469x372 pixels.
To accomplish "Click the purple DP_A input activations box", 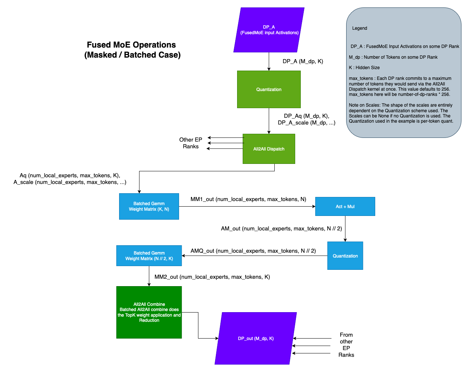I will tap(269, 30).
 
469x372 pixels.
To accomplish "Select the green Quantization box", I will tap(269, 90).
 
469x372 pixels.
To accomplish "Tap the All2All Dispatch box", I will tap(269, 149).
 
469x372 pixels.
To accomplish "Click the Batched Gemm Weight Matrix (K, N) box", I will tap(149, 206).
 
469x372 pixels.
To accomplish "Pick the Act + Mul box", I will tap(345, 207).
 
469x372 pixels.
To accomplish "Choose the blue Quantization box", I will tap(345, 256).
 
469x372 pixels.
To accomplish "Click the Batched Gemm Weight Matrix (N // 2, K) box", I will tap(149, 256).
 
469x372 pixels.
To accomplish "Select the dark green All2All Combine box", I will tap(149, 312).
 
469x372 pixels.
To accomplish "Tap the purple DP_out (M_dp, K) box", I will tap(256, 339).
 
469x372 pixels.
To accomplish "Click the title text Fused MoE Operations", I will tap(131, 45).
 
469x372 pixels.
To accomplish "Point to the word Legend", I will tap(360, 28).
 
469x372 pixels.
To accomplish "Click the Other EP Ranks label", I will tap(191, 143).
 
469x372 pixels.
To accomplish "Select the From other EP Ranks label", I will tap(346, 345).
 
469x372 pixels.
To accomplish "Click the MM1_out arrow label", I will tap(248, 199).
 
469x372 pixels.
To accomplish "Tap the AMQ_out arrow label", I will tap(253, 251).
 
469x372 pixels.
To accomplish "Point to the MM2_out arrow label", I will tap(212, 277).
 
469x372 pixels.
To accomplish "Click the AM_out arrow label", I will tap(281, 229).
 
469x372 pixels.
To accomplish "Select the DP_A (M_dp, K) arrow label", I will tap(303, 61).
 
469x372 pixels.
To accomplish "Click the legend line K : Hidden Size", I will tap(364, 68).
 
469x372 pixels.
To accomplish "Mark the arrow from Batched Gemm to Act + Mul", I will tap(247, 207).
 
